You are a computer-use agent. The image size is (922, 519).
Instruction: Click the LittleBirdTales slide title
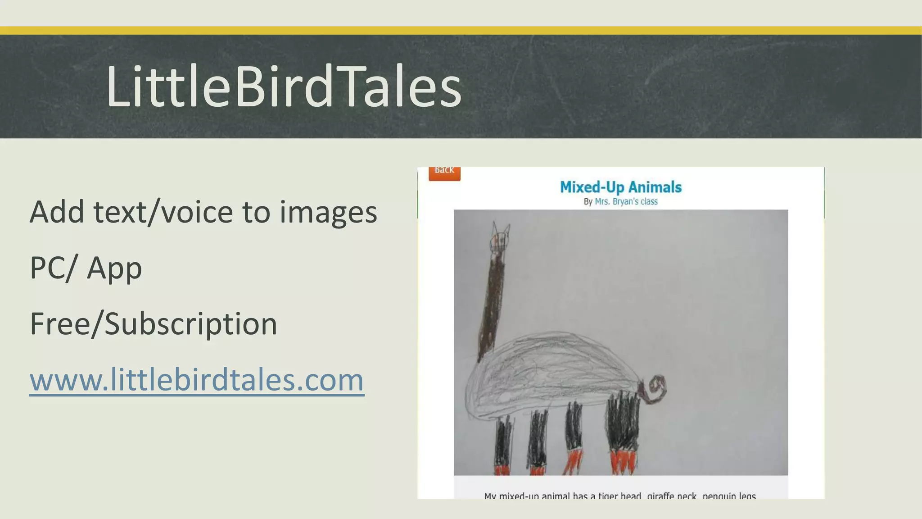[x=284, y=86]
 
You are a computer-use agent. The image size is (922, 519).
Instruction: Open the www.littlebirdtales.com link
[x=197, y=379]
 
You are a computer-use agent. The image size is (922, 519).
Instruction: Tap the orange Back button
[x=444, y=172]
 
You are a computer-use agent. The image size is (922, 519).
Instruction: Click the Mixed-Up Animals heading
[x=620, y=187]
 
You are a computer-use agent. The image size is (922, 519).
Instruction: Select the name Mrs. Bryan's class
[x=626, y=201]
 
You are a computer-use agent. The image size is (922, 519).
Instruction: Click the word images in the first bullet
[x=328, y=213]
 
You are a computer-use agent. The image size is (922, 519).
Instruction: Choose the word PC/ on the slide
[x=50, y=268]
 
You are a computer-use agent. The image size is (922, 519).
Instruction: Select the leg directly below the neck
[x=503, y=444]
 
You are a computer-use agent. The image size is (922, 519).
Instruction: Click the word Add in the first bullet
[x=57, y=212]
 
